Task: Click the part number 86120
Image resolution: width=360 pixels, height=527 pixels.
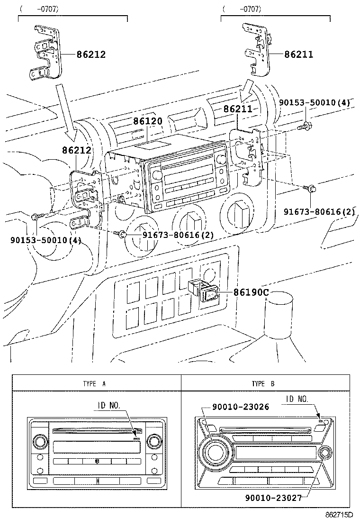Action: pyautogui.click(x=148, y=121)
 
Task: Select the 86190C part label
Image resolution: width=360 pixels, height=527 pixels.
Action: pyautogui.click(x=251, y=292)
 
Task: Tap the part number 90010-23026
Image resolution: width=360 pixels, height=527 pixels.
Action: pyautogui.click(x=240, y=407)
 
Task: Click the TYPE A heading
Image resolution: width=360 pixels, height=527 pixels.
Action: pyautogui.click(x=94, y=383)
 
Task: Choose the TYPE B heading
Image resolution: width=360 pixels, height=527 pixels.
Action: pyautogui.click(x=263, y=383)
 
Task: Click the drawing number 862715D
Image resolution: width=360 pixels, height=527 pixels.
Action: pyautogui.click(x=339, y=514)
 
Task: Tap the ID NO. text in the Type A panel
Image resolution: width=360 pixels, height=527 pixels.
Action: pyautogui.click(x=109, y=406)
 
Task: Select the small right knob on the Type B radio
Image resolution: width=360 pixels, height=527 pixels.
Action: pyautogui.click(x=325, y=453)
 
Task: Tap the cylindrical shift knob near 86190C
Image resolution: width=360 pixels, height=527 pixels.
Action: pyautogui.click(x=278, y=313)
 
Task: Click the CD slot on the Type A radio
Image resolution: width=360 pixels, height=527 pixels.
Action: pyautogui.click(x=95, y=431)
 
